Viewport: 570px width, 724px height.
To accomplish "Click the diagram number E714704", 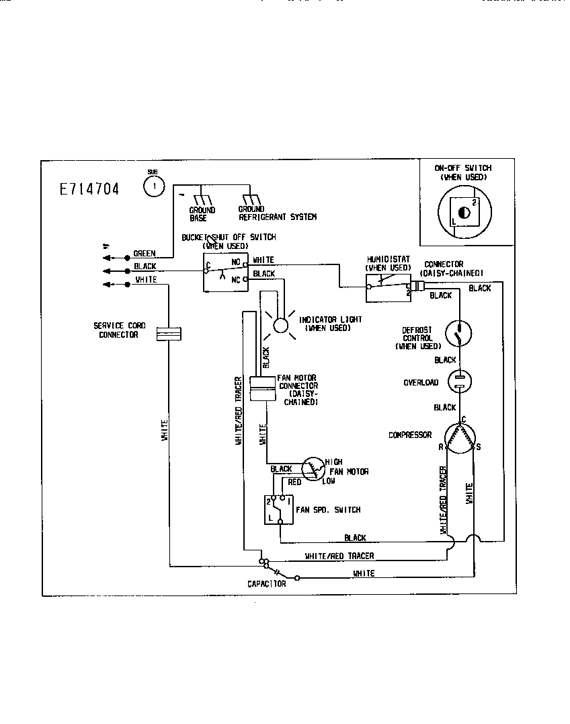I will [89, 189].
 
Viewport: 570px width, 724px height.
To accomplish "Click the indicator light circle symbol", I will [279, 325].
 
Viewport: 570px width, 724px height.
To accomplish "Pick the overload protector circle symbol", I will [459, 382].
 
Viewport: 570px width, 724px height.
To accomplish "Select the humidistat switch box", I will [389, 287].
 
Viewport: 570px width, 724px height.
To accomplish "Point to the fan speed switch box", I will [278, 510].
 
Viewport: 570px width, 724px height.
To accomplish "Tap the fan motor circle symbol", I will [312, 470].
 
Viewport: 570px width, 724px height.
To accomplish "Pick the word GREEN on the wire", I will [145, 254].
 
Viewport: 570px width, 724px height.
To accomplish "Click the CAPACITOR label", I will [266, 584].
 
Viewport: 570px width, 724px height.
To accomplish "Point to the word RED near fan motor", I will [294, 482].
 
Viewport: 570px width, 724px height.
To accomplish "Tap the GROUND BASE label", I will [202, 214].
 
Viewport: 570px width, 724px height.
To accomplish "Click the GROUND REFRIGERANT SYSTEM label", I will [277, 214].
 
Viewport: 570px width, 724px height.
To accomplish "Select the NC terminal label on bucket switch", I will [237, 279].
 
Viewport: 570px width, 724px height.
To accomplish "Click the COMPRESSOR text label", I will [410, 435].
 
